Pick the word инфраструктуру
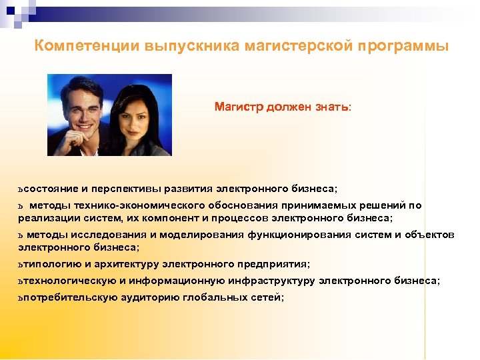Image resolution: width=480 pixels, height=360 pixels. click(x=273, y=281)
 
